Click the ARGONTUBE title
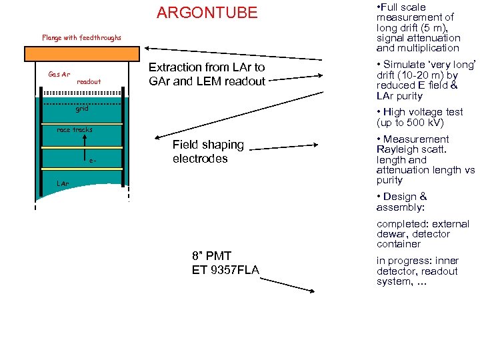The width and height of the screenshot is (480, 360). click(x=207, y=13)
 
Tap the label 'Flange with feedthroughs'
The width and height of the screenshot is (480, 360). click(x=82, y=38)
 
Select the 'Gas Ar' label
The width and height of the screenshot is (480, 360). click(x=59, y=73)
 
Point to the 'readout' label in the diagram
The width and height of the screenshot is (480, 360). click(x=89, y=81)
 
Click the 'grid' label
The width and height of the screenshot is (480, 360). click(x=81, y=109)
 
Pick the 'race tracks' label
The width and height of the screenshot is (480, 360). click(x=75, y=129)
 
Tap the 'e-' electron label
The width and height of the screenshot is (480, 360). click(x=93, y=161)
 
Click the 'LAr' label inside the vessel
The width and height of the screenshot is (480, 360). click(x=62, y=182)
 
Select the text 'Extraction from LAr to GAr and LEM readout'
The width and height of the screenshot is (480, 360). click(x=207, y=74)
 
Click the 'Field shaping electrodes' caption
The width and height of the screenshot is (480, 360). click(x=209, y=151)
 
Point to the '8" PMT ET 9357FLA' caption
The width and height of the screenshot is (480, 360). click(x=225, y=262)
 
